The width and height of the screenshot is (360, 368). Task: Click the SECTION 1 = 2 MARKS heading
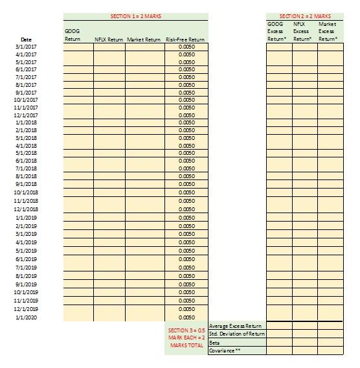click(x=136, y=16)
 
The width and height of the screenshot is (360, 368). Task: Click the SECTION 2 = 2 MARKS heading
click(x=305, y=16)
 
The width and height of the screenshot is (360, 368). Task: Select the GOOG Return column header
click(x=73, y=35)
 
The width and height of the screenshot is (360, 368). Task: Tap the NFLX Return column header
click(x=109, y=40)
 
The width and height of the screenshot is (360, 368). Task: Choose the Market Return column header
click(x=144, y=40)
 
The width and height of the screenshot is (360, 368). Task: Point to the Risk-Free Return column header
click(x=185, y=40)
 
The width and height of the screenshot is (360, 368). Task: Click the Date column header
click(x=26, y=40)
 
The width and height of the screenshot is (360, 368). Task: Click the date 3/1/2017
click(x=26, y=47)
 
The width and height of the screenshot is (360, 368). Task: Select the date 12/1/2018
click(x=26, y=209)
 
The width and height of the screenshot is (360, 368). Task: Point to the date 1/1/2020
click(x=26, y=317)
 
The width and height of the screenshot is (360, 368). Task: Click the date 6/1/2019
click(x=26, y=259)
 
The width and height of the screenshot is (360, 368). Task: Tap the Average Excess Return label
click(x=236, y=325)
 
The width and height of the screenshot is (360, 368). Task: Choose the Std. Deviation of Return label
click(x=237, y=334)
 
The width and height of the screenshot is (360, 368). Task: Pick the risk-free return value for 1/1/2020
click(x=186, y=317)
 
